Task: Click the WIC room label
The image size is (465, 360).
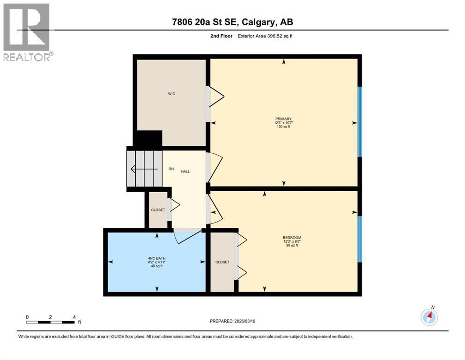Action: coord(171,94)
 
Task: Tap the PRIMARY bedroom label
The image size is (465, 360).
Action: coord(284,119)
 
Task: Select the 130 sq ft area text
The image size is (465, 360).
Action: coord(284,127)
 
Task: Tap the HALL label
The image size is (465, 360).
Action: coord(185,172)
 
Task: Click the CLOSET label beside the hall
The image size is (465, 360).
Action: coord(158,210)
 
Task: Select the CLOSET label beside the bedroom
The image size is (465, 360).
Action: coord(222,262)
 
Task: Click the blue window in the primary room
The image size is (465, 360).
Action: coord(360,122)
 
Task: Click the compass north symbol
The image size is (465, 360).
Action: coord(429,317)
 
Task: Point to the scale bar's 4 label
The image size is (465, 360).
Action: coord(74,317)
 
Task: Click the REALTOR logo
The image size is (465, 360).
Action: coord(27,31)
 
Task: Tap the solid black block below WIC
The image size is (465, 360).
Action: coord(148,139)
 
